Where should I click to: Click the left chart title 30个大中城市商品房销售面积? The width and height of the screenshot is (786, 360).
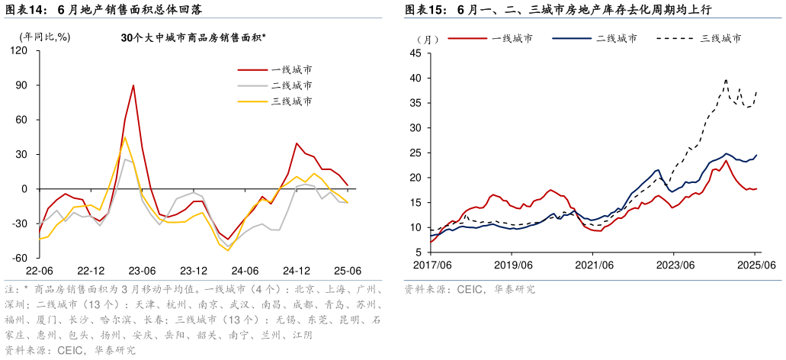[x=194, y=37]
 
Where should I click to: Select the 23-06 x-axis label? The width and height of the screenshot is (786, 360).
[x=142, y=271]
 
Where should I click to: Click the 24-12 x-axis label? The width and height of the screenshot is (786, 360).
[x=297, y=271]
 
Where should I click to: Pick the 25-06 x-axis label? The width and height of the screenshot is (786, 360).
[x=348, y=271]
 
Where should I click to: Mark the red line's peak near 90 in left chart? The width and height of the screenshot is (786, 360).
[x=133, y=85]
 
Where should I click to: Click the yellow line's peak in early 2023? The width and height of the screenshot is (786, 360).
[x=124, y=138]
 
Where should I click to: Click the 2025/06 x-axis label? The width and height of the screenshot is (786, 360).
[x=755, y=265]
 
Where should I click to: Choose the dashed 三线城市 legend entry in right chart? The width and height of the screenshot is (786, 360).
[x=720, y=38]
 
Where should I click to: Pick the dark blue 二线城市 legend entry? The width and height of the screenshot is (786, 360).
[x=617, y=38]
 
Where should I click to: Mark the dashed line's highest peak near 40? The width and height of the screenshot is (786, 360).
[x=726, y=79]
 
